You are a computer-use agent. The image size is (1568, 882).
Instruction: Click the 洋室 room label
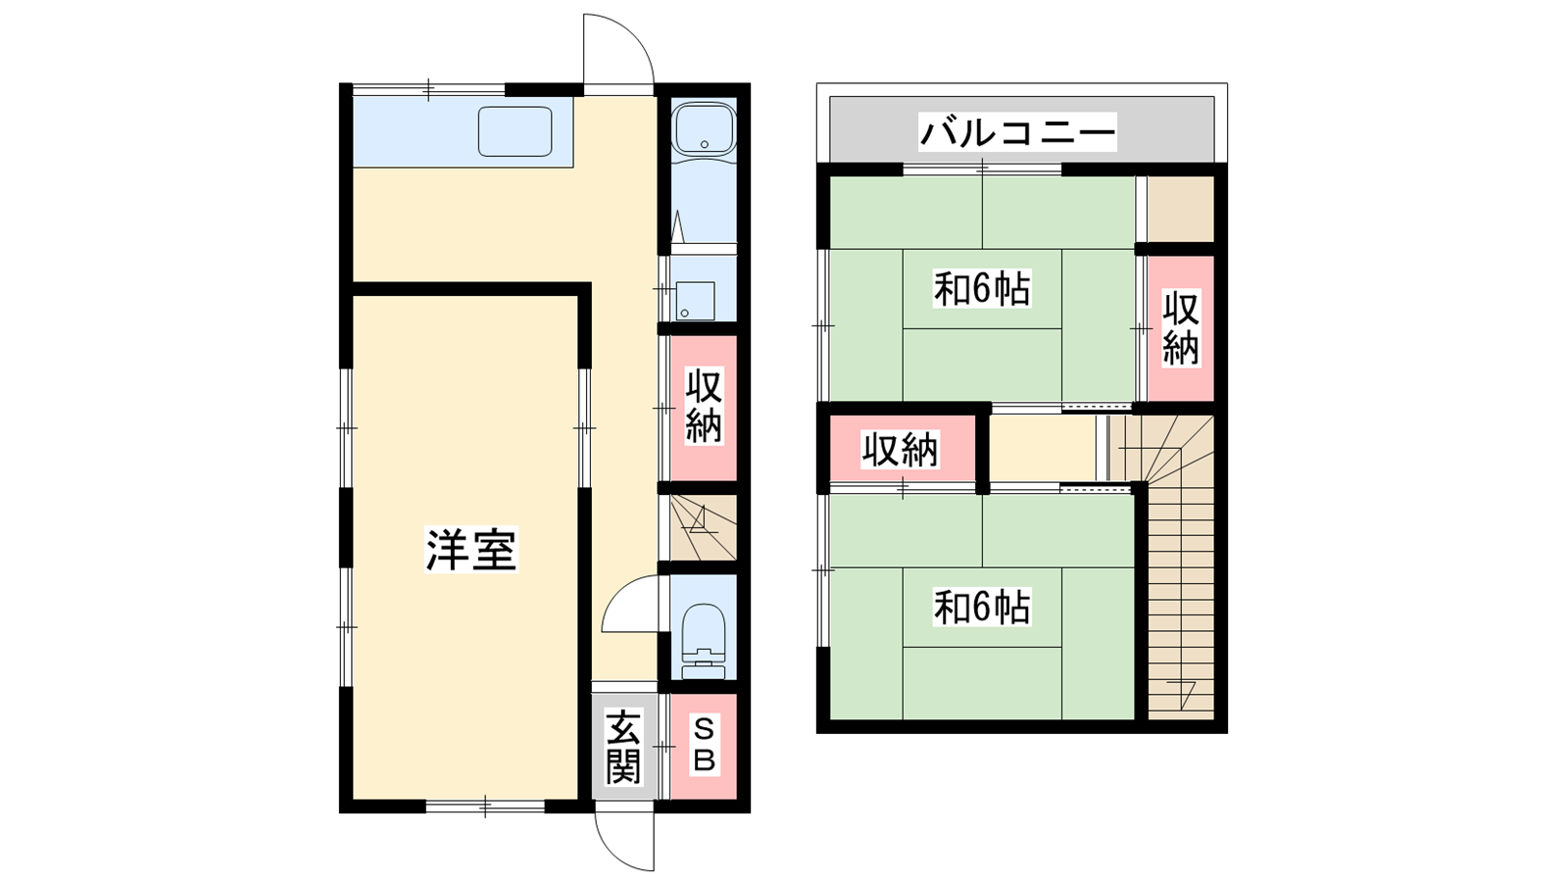[471, 550]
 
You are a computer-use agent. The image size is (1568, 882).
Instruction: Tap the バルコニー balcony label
[1018, 132]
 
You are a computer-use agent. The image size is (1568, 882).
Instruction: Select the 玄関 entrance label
[623, 747]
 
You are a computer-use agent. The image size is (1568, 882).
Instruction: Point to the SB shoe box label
[704, 746]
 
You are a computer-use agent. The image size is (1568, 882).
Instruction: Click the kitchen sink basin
[515, 131]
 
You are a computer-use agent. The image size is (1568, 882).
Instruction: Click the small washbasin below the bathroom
[696, 301]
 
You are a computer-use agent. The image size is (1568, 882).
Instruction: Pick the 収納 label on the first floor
[704, 407]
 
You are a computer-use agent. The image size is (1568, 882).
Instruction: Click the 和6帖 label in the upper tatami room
[981, 289]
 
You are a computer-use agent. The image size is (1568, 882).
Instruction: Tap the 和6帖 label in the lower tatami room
[981, 608]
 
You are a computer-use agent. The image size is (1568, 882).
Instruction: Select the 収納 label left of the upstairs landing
[900, 450]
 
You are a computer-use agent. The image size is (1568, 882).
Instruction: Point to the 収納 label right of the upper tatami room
[1181, 328]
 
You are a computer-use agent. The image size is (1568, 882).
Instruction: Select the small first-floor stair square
[704, 528]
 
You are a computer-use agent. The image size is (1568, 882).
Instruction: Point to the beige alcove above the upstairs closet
[1180, 209]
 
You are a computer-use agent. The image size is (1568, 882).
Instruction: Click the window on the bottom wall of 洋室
[485, 807]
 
